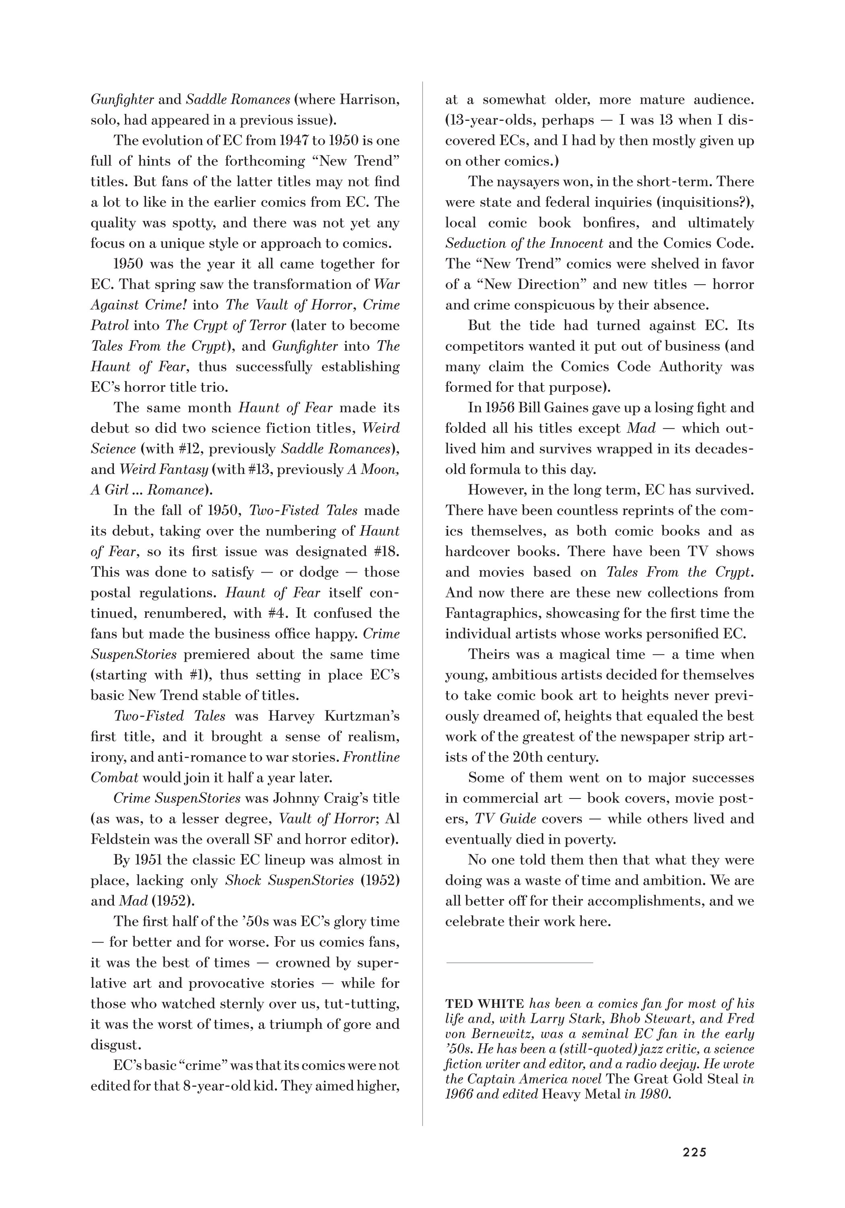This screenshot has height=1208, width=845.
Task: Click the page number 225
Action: click(694, 1152)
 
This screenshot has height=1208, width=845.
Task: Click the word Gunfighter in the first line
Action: click(122, 99)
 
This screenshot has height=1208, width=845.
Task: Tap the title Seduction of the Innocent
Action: click(524, 243)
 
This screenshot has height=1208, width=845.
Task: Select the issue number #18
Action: click(385, 551)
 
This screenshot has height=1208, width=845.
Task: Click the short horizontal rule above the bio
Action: click(519, 962)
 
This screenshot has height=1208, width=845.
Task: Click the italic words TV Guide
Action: click(505, 819)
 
